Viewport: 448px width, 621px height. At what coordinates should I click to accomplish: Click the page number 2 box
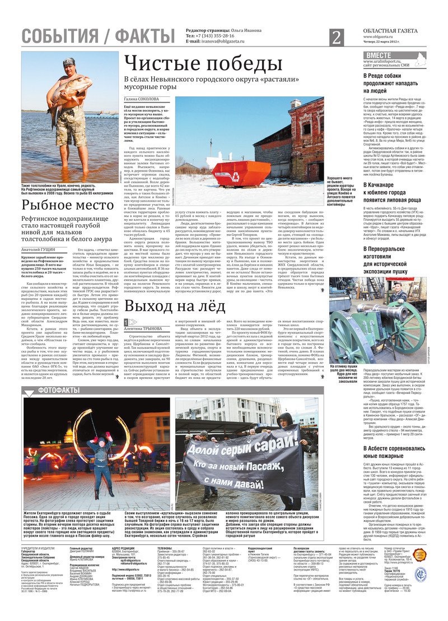tap(336, 38)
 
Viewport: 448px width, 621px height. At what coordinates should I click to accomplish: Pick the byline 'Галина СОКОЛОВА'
tap(141, 99)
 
